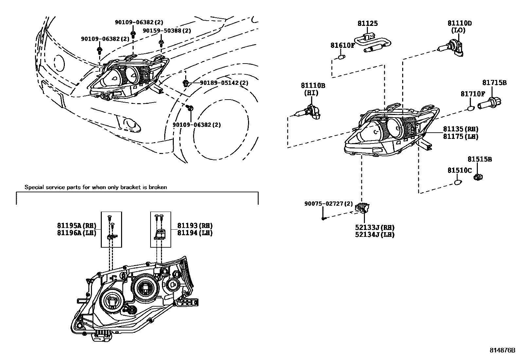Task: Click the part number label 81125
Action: click(368, 23)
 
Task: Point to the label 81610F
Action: click(342, 45)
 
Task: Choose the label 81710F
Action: click(473, 94)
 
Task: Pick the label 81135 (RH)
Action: click(461, 129)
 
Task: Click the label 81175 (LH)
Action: click(461, 137)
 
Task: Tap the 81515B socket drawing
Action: click(478, 177)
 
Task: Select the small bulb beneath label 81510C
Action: click(458, 182)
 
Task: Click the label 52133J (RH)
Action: click(374, 228)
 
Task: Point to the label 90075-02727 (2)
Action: click(328, 204)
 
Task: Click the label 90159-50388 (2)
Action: click(167, 31)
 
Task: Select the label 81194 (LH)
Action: click(195, 233)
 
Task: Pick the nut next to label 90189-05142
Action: click(186, 82)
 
